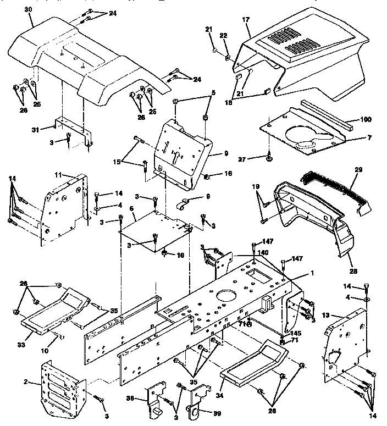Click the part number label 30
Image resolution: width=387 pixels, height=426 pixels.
point(28,10)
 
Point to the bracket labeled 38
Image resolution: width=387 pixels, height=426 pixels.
point(155,400)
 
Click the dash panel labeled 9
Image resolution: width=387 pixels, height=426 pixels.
point(184,154)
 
